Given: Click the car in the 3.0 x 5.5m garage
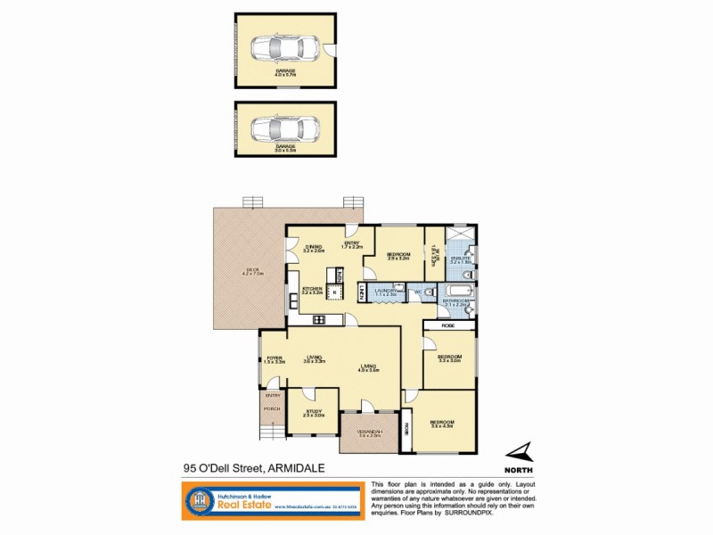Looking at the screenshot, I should pos(284,130).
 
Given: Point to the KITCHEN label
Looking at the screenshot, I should pos(311,288).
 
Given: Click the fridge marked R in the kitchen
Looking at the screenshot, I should pos(335,291).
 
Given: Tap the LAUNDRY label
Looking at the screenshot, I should pos(385,291).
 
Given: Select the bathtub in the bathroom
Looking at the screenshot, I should pos(457,291).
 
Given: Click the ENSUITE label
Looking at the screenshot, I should pos(460,259).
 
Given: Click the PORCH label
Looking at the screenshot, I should pos(271,409).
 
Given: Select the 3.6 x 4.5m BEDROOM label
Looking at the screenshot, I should pos(442,422).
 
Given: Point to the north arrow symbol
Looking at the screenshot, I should pos(520,452).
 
